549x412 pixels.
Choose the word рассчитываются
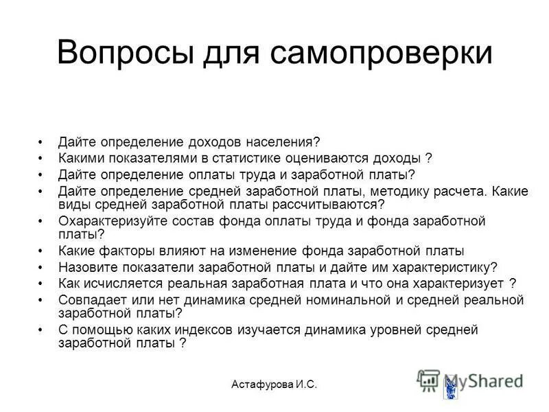click(325, 205)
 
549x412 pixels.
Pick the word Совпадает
click(89, 300)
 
